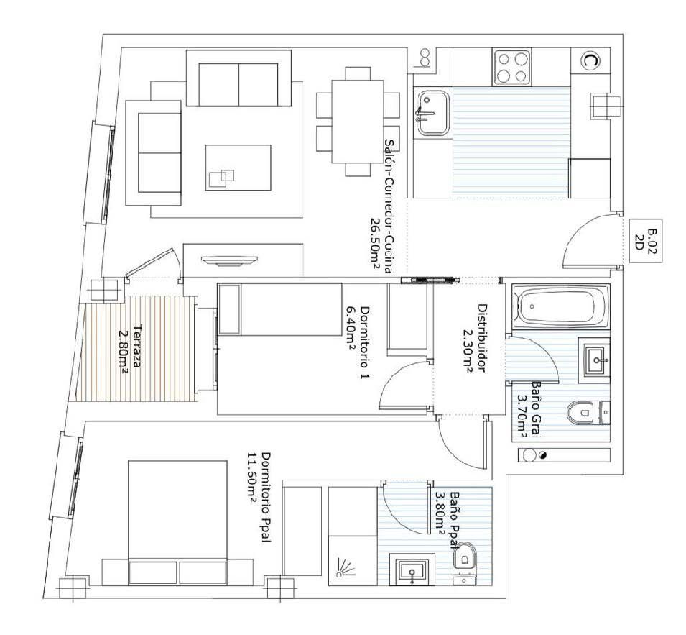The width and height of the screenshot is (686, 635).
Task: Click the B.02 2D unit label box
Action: pyautogui.click(x=645, y=240)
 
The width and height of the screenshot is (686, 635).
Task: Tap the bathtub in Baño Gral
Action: pyautogui.click(x=560, y=307)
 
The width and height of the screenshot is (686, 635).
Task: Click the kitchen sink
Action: pyautogui.click(x=433, y=113)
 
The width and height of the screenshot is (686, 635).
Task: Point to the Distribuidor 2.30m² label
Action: pyautogui.click(x=474, y=338)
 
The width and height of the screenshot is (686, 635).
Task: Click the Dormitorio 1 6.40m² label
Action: pyautogui.click(x=356, y=343)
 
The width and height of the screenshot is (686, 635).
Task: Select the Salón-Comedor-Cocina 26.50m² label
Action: pyautogui.click(x=381, y=206)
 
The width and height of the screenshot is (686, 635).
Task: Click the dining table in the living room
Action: pyautogui.click(x=358, y=122)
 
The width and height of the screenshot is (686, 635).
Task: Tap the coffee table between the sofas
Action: pyautogui.click(x=238, y=168)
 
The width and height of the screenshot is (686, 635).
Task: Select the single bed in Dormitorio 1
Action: pyautogui.click(x=280, y=309)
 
